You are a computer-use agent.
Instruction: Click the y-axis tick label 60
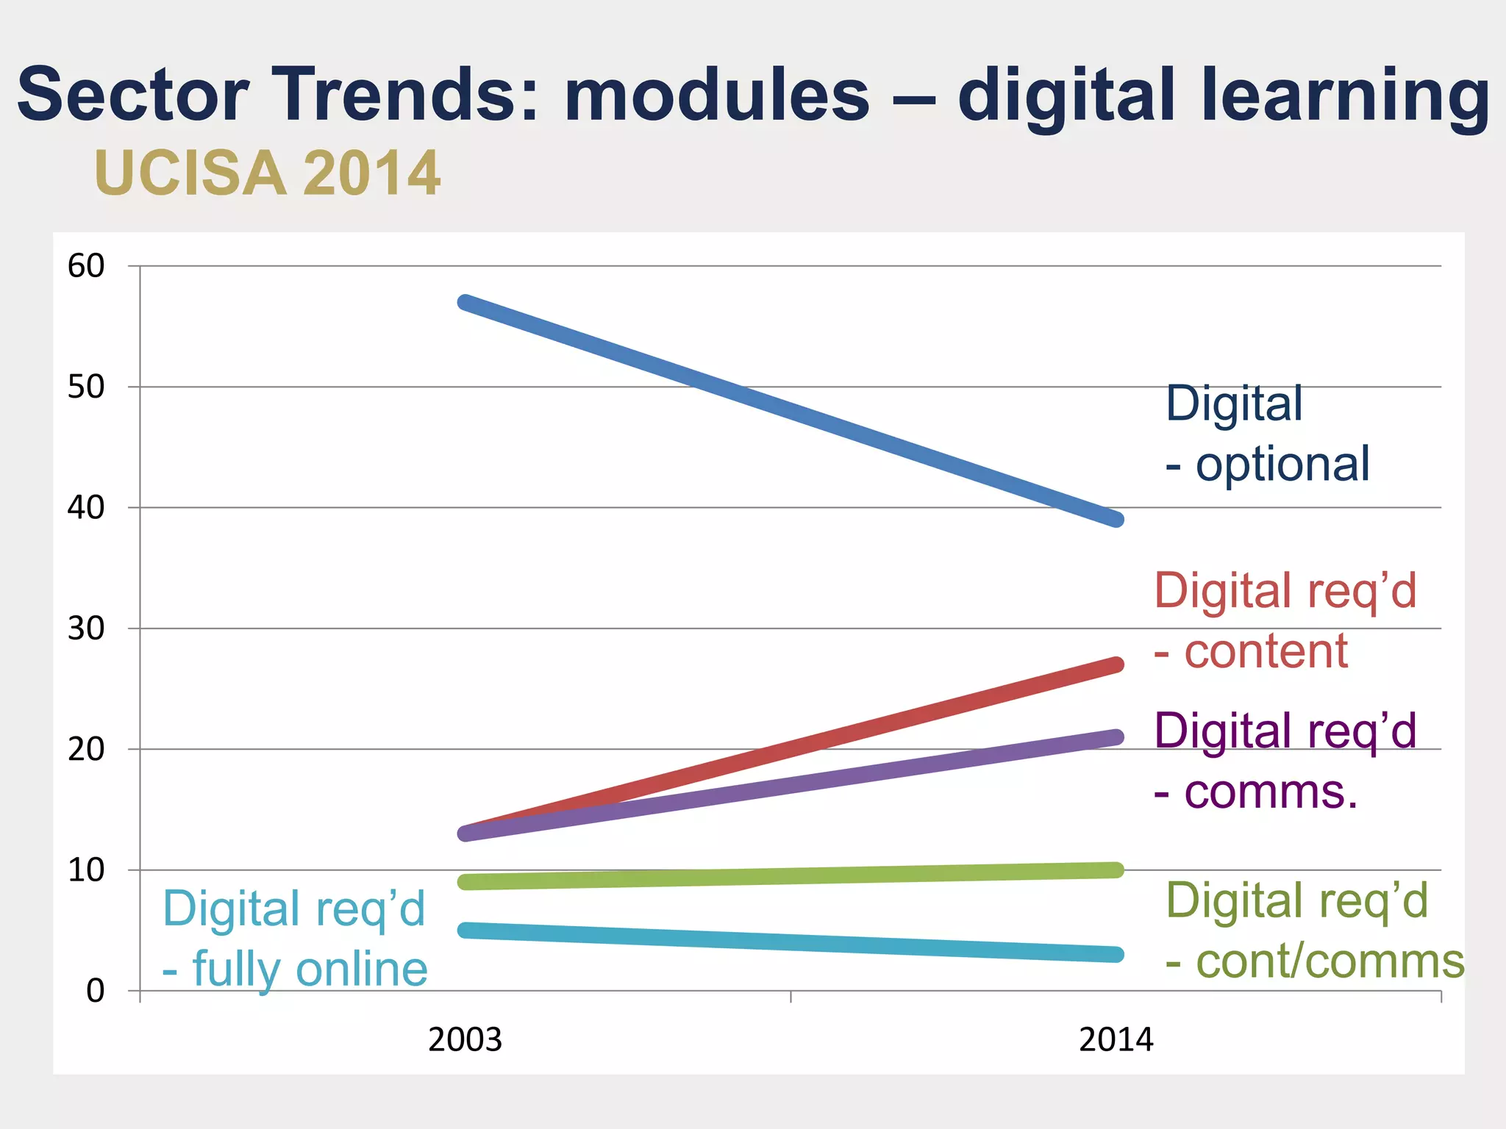click(86, 266)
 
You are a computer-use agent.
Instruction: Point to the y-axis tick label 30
click(86, 628)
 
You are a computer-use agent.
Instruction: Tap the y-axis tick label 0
click(95, 991)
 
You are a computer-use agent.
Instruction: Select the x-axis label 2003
click(465, 1039)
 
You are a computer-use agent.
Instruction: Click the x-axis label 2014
click(1116, 1039)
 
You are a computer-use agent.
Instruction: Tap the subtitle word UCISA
click(190, 173)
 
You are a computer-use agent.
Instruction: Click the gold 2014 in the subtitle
click(371, 173)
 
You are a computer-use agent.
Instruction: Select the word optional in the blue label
click(1282, 465)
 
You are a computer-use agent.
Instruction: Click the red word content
click(1266, 651)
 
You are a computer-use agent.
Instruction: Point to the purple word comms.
click(1271, 792)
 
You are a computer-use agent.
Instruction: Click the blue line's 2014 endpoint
click(1116, 519)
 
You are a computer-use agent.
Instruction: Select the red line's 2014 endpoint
click(1116, 664)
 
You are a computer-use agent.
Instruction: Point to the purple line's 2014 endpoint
click(1116, 736)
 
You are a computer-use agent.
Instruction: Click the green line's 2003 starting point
click(465, 881)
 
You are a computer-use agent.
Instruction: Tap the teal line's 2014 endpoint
click(1116, 954)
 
